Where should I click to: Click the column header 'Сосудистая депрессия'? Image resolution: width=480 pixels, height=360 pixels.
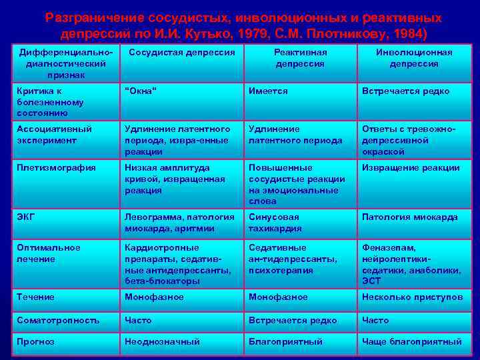(181, 52)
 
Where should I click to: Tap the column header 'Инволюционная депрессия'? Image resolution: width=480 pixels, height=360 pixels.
(414, 58)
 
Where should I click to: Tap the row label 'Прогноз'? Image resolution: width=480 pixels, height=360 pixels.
(36, 342)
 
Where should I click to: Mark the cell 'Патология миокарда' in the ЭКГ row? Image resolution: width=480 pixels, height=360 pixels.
(409, 217)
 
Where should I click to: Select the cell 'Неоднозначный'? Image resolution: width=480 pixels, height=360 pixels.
(162, 342)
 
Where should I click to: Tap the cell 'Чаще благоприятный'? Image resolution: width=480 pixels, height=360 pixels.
(411, 342)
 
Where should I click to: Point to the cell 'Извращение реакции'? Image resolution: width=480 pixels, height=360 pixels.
(411, 168)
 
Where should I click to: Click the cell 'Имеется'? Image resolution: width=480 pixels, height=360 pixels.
(268, 91)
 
